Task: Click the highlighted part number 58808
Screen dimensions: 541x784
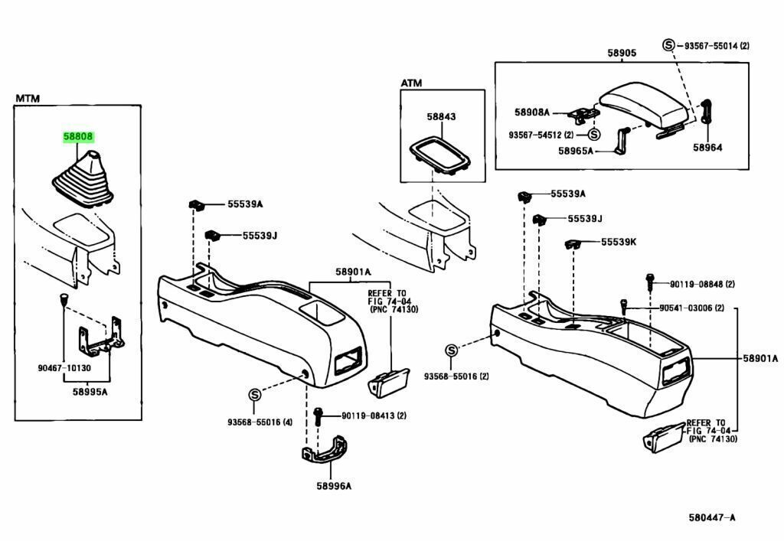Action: (x=79, y=138)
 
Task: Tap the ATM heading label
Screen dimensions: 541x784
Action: (x=411, y=83)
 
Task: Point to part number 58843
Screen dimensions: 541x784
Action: (x=441, y=117)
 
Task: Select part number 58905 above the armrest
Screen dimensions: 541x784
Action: (x=622, y=54)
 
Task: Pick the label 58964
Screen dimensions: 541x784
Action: (x=707, y=147)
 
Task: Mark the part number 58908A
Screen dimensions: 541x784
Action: (x=532, y=112)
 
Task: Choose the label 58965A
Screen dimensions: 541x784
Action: (x=576, y=152)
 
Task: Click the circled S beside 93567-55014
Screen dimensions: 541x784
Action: (x=668, y=46)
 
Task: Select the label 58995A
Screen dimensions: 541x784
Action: (x=90, y=390)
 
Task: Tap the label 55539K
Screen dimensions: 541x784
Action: (x=619, y=242)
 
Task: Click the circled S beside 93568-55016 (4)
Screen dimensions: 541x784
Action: (x=254, y=395)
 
